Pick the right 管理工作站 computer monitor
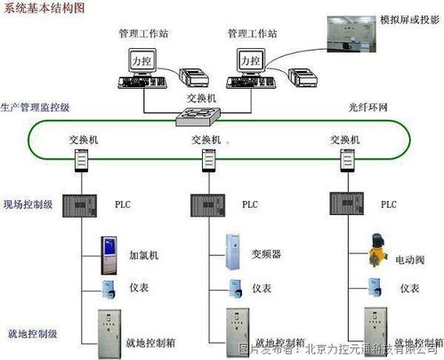[251, 60]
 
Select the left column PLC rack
[81, 204]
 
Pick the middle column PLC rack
[208, 204]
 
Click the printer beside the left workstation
[195, 77]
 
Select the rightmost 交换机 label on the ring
[344, 140]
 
